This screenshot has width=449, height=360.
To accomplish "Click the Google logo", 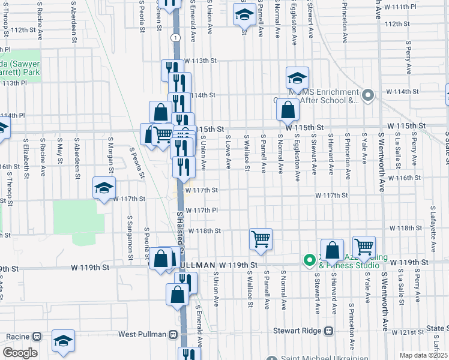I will [20, 353].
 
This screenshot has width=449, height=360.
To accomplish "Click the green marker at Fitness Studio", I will [310, 260].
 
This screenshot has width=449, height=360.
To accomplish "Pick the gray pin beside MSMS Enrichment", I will [369, 94].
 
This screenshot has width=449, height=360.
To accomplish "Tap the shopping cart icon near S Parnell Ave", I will [261, 239].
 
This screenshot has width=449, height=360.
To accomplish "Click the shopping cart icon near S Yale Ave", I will [364, 246].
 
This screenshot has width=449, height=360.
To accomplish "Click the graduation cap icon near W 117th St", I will [104, 188].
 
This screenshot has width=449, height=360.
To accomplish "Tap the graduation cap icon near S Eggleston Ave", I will [297, 78].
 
